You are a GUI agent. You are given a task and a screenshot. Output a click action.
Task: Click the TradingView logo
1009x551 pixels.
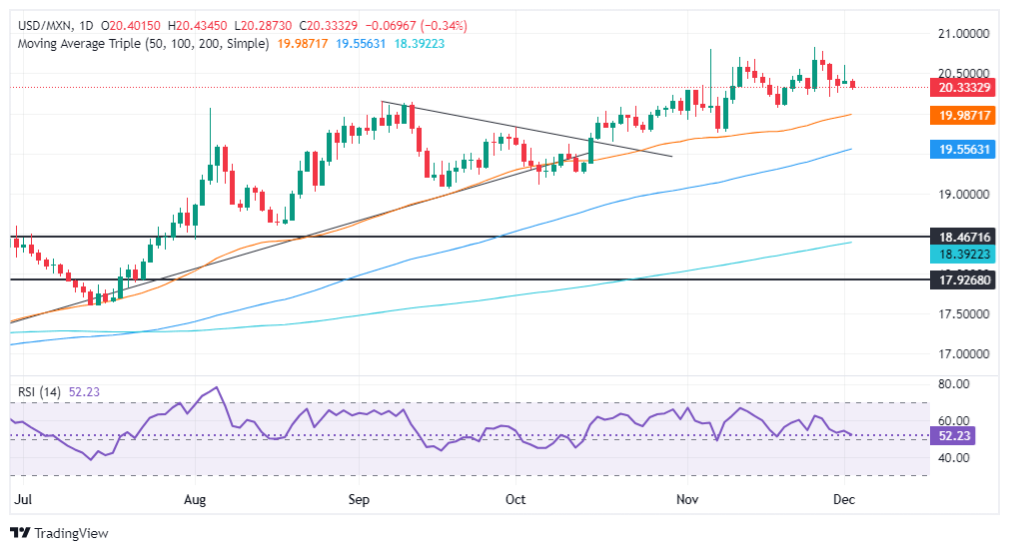pos(59,533)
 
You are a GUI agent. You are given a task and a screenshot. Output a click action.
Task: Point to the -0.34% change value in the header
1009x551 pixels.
pos(447,25)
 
